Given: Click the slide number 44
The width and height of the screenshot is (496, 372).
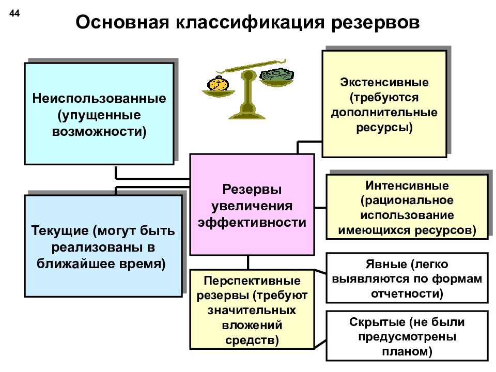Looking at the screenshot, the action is tap(14, 13).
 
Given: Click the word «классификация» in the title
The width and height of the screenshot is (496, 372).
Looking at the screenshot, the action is tap(250, 23).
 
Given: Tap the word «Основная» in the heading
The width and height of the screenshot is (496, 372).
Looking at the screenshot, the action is tap(122, 23).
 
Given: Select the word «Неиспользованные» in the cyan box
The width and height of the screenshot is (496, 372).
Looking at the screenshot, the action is tap(99, 98).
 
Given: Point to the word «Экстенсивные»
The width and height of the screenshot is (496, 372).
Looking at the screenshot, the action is tap(384, 82).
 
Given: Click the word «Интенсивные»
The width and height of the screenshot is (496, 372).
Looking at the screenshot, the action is tap(407, 185).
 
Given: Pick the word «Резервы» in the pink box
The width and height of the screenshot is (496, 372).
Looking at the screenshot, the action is tap(252, 190).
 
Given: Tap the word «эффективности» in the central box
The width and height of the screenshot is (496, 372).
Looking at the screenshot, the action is tap(252, 222).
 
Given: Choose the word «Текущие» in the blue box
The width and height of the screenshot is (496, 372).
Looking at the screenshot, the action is tap(60, 231).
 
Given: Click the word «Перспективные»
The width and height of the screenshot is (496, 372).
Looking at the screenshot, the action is tap(252, 281).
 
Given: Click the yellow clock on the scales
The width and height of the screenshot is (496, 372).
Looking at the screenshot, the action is tap(218, 84).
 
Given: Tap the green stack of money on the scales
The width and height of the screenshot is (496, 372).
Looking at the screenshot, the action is tap(276, 74).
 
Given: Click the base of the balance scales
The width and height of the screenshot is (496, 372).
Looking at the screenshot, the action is tap(247, 113).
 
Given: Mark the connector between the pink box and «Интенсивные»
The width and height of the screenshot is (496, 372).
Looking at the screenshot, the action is tap(320, 208).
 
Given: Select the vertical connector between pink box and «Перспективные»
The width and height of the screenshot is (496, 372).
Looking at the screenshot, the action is tap(248, 262).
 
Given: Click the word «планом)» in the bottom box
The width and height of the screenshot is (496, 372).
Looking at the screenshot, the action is tap(407, 352).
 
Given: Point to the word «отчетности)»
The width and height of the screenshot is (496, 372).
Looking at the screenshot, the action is tap(407, 294).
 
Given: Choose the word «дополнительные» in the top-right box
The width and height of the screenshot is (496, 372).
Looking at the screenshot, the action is tap(384, 113).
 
